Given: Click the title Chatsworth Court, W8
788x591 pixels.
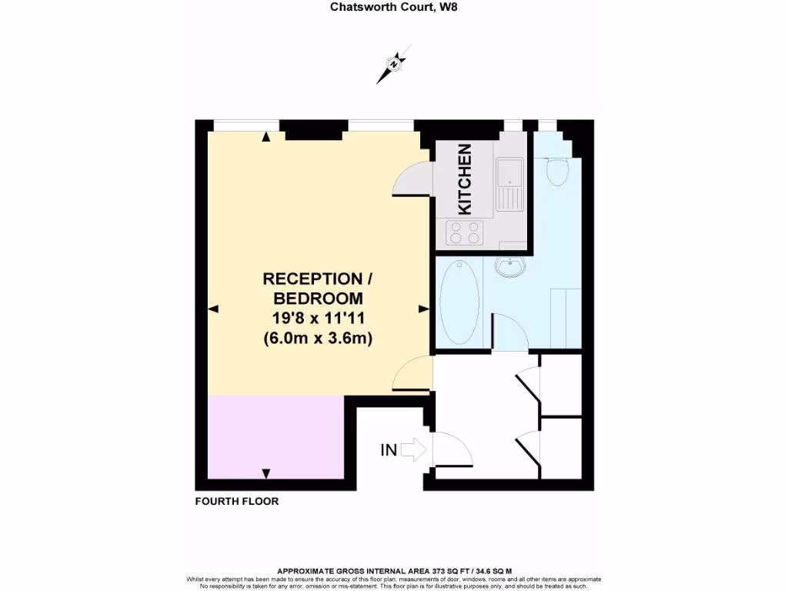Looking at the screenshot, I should tap(393, 8).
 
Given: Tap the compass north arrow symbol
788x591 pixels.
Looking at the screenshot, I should tap(393, 65).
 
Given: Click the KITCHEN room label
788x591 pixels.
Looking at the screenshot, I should tap(465, 179).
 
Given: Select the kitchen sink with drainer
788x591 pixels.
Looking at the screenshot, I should tap(509, 184).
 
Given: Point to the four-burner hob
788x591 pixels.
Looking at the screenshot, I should tap(465, 232).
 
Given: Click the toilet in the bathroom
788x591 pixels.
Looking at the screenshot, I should tap(555, 171).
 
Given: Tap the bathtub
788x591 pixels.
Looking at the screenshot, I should tap(460, 302).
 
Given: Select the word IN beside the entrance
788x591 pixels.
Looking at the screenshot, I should tap(389, 450).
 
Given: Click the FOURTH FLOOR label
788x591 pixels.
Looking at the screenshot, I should tap(237, 501).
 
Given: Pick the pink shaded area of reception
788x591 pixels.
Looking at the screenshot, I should tap(275, 436).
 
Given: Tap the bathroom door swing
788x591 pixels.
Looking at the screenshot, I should tap(509, 332).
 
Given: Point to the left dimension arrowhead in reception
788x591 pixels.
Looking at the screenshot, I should tap(213, 309).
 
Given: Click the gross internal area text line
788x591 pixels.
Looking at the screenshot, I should tap(393, 571).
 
